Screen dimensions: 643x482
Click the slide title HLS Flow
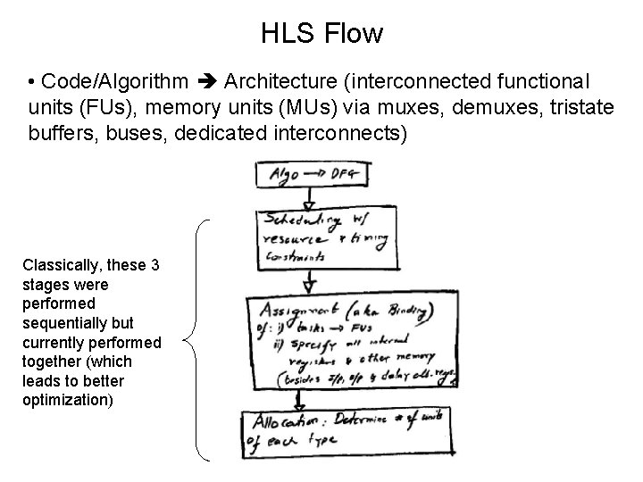[321, 34]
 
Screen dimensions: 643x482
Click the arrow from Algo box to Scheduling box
[308, 195]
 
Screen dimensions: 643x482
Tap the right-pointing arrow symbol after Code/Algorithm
[206, 83]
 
